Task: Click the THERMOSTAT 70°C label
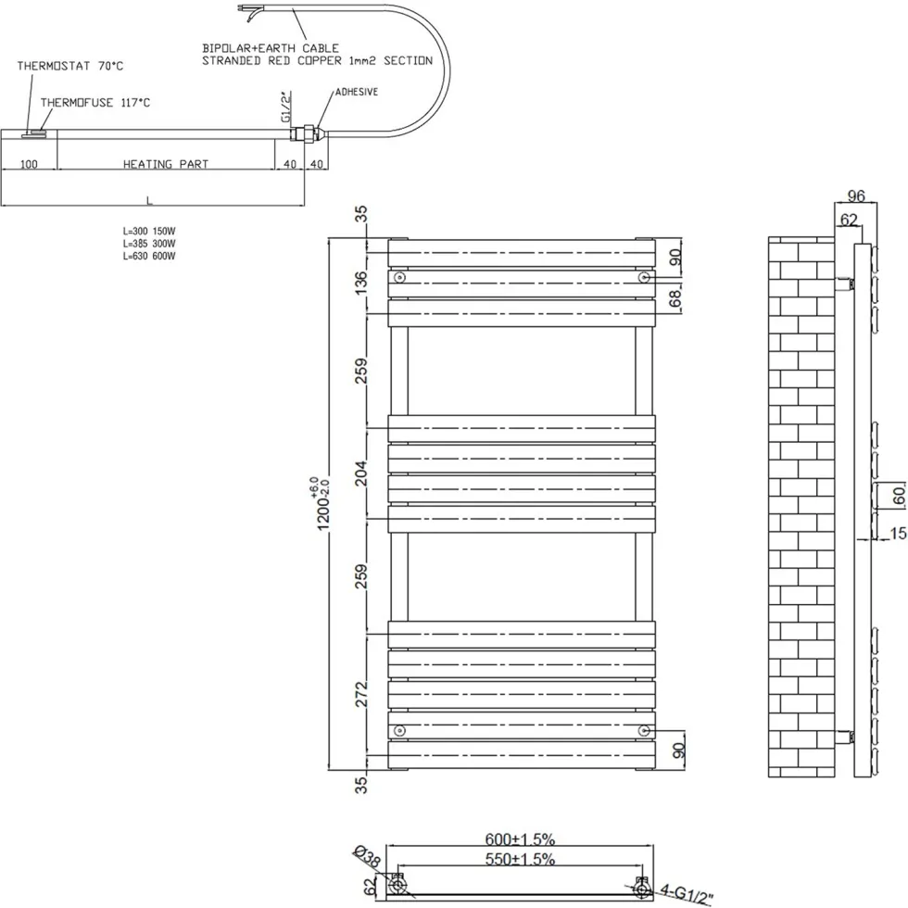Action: click(x=70, y=66)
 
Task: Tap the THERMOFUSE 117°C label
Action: click(x=95, y=103)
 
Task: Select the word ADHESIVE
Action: click(x=357, y=92)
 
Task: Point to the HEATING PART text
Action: click(x=166, y=164)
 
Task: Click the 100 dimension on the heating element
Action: click(x=29, y=164)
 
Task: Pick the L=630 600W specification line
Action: click(x=149, y=256)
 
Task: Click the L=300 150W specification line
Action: click(x=149, y=231)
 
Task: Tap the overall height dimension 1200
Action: click(x=322, y=504)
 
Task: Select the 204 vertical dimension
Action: click(x=360, y=473)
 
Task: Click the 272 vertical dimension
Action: click(x=360, y=694)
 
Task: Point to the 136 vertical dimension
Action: click(x=360, y=283)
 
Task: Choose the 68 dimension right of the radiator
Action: click(x=675, y=298)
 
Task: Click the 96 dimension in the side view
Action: click(x=856, y=195)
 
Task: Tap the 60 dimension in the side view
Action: click(x=898, y=496)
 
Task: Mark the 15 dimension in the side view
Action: click(x=898, y=533)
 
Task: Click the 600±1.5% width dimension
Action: click(x=520, y=839)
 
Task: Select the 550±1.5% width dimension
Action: click(x=520, y=859)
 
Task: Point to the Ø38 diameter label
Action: click(x=367, y=857)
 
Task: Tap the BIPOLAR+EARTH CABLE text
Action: click(x=271, y=48)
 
